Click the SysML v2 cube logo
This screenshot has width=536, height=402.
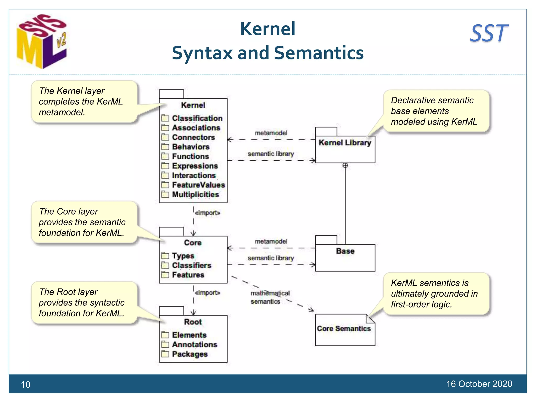click(42, 41)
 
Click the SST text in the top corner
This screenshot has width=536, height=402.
click(489, 33)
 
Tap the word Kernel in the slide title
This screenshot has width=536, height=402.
click(268, 29)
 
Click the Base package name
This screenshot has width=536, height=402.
click(345, 251)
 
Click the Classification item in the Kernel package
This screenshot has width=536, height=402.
click(197, 118)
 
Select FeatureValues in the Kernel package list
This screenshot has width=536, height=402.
click(198, 185)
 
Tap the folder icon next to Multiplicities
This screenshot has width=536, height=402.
click(165, 194)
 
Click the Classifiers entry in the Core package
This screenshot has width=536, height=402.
click(192, 265)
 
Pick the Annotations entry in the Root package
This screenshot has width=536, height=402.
click(194, 345)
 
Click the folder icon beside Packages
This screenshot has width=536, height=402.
click(165, 354)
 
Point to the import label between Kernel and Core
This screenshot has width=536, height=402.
click(208, 213)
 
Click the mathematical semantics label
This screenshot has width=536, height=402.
click(270, 297)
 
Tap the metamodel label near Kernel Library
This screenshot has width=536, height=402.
click(271, 133)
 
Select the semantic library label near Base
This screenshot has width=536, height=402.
click(271, 258)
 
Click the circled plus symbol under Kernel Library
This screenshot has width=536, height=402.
click(345, 165)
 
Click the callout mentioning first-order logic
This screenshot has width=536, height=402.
click(436, 294)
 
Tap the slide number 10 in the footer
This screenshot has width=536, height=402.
click(26, 384)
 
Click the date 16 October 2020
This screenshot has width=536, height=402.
click(479, 384)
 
